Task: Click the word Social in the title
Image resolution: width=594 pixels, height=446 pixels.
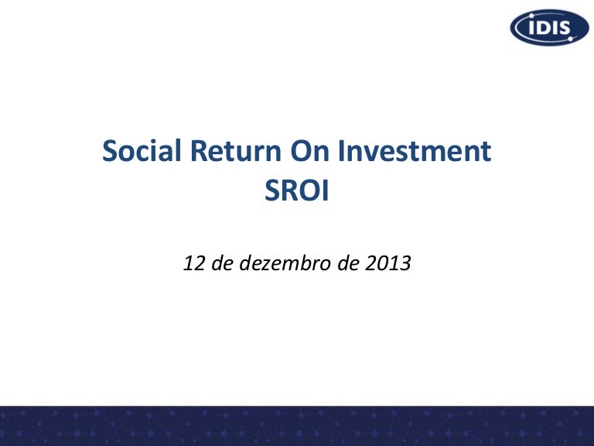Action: coord(142,150)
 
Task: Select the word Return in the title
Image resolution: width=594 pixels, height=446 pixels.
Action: coord(235,150)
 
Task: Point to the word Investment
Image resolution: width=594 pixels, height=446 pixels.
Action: coord(415,150)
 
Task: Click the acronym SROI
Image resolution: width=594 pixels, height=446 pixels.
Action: coord(297,190)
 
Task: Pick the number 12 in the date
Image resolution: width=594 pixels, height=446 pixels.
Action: coord(194,263)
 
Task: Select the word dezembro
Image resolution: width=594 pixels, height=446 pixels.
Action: coord(285,262)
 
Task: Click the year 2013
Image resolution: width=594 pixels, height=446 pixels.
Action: coord(388,263)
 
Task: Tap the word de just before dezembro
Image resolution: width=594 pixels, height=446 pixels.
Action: coord(222,262)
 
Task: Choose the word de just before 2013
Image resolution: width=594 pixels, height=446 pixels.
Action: coord(348,262)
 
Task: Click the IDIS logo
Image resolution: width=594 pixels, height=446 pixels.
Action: coord(549,28)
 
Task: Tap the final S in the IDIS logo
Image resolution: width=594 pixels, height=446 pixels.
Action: coord(564,28)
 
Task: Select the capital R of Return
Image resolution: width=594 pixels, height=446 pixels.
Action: coord(199,151)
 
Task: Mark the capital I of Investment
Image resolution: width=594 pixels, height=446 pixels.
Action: coord(340,151)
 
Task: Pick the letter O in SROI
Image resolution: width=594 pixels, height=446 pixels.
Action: coord(307,190)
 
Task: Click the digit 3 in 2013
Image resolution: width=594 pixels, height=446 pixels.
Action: coord(406,263)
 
